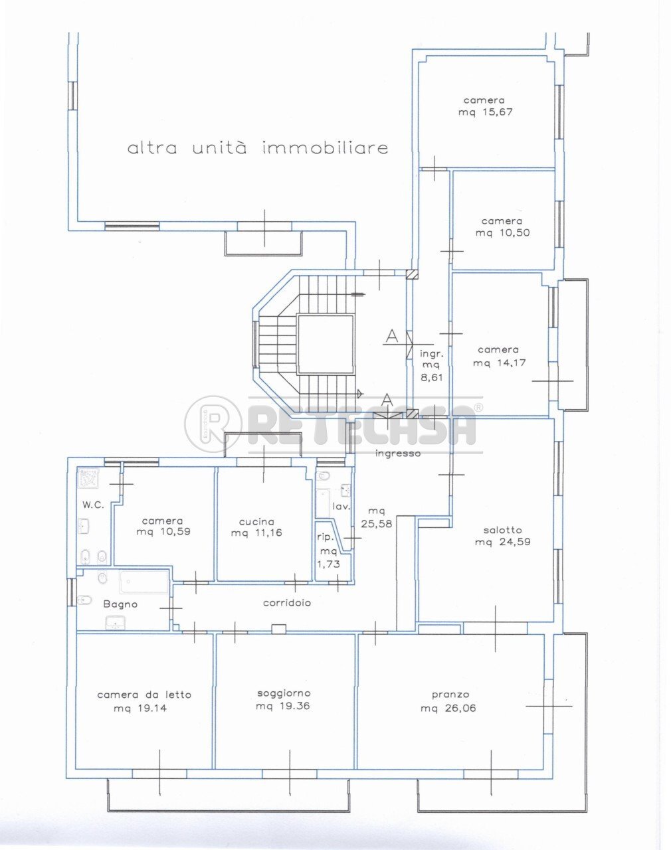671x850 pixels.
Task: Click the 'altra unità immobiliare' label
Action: click(258, 147)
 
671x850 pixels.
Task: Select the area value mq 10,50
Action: click(502, 233)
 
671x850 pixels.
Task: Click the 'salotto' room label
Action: click(502, 530)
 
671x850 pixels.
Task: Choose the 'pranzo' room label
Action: click(450, 695)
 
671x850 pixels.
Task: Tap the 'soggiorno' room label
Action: click(283, 693)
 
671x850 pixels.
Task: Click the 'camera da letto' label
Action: click(144, 695)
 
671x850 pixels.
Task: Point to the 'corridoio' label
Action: click(287, 603)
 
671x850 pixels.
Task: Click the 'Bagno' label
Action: click(120, 604)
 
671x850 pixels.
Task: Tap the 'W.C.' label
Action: click(93, 505)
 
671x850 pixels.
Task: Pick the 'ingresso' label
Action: click(398, 454)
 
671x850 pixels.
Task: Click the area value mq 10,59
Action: click(163, 532)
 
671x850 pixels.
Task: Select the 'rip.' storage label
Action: click(324, 537)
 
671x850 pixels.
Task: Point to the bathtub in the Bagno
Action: click(144, 582)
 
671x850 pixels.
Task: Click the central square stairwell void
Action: click(325, 344)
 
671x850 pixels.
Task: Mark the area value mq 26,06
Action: click(448, 708)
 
